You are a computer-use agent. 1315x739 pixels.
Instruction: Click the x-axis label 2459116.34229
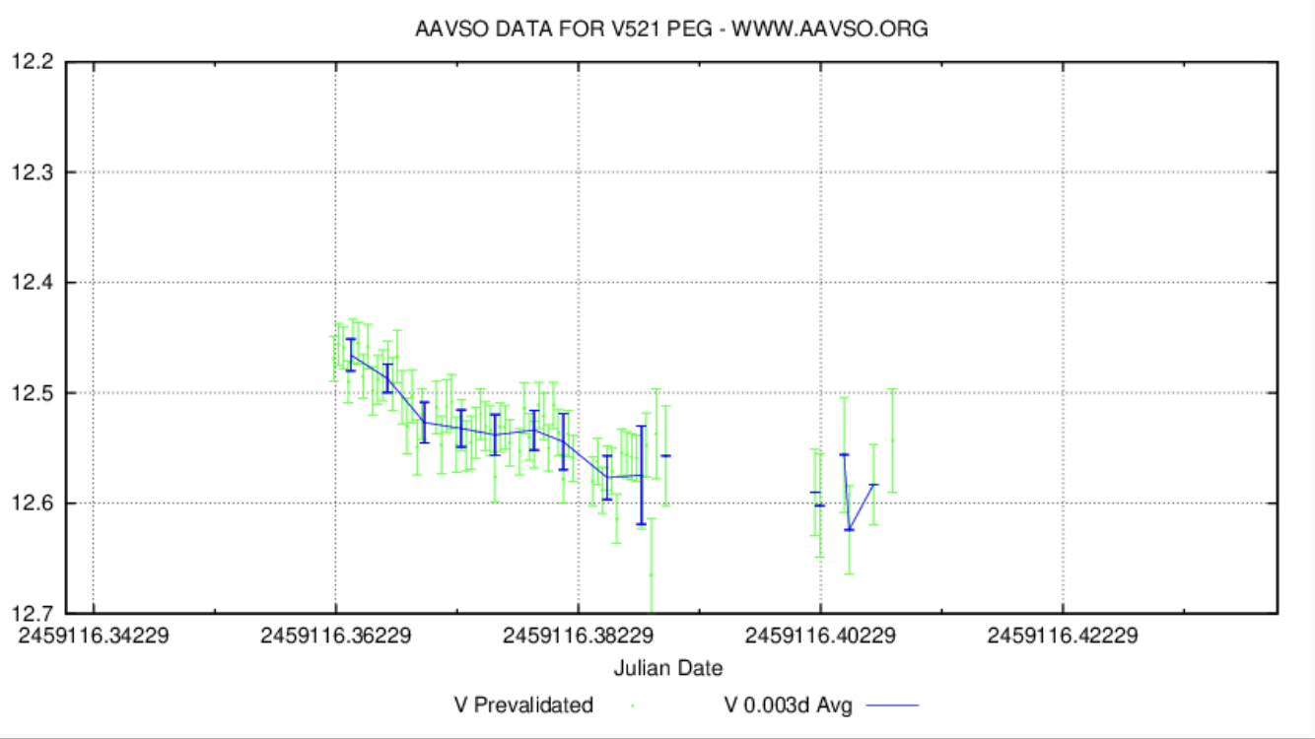(x=94, y=636)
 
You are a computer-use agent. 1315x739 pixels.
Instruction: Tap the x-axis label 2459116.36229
(x=336, y=636)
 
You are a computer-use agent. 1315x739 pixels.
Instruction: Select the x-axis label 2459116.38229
(x=579, y=636)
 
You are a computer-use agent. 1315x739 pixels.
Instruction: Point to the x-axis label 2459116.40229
(x=820, y=636)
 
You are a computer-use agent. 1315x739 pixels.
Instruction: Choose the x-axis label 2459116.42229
(x=1063, y=636)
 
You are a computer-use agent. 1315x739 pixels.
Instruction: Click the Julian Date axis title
(x=668, y=668)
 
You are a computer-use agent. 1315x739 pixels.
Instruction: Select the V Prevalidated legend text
(x=523, y=705)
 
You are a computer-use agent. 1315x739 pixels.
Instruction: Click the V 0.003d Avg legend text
(x=788, y=705)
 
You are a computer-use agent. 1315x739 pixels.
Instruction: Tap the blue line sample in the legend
(x=891, y=705)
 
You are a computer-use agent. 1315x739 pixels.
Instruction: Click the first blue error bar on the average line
(x=351, y=355)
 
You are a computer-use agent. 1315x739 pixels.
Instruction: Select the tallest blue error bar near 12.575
(x=641, y=475)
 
